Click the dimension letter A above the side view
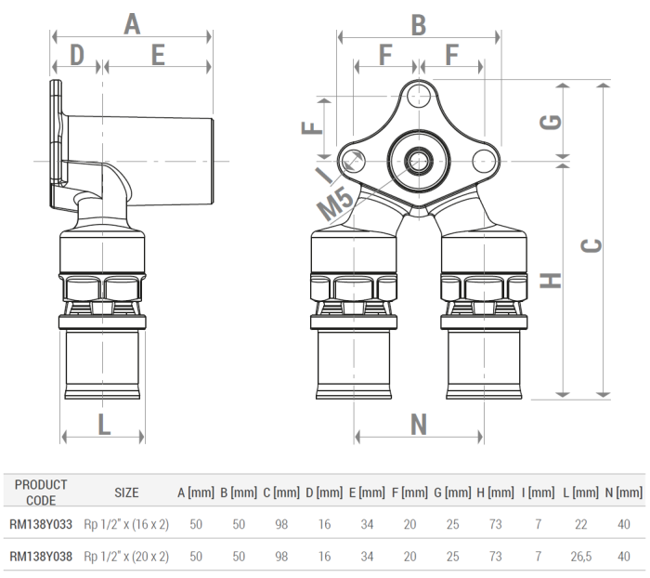tap(132, 24)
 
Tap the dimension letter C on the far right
tap(591, 244)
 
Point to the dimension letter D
tap(77, 56)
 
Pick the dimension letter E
tap(158, 56)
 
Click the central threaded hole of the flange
tap(419, 160)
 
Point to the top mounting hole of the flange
tap(419, 95)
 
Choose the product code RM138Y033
tap(42, 525)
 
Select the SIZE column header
tap(126, 492)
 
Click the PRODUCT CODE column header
tap(42, 492)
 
